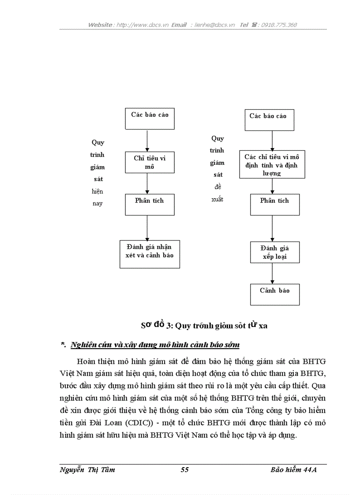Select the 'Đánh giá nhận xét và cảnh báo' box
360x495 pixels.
pyautogui.click(x=150, y=253)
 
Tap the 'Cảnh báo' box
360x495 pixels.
pyautogui.click(x=274, y=294)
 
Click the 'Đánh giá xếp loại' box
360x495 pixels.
pyautogui.click(x=274, y=252)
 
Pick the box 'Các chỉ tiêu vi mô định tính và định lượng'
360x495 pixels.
pyautogui.click(x=272, y=165)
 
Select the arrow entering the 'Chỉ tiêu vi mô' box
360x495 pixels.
pyautogui.click(x=147, y=141)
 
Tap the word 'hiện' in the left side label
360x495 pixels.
pyautogui.click(x=97, y=191)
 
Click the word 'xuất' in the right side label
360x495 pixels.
pyautogui.click(x=217, y=199)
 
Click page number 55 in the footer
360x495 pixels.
pyautogui.click(x=184, y=470)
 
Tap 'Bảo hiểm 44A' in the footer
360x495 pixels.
pyautogui.click(x=294, y=470)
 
